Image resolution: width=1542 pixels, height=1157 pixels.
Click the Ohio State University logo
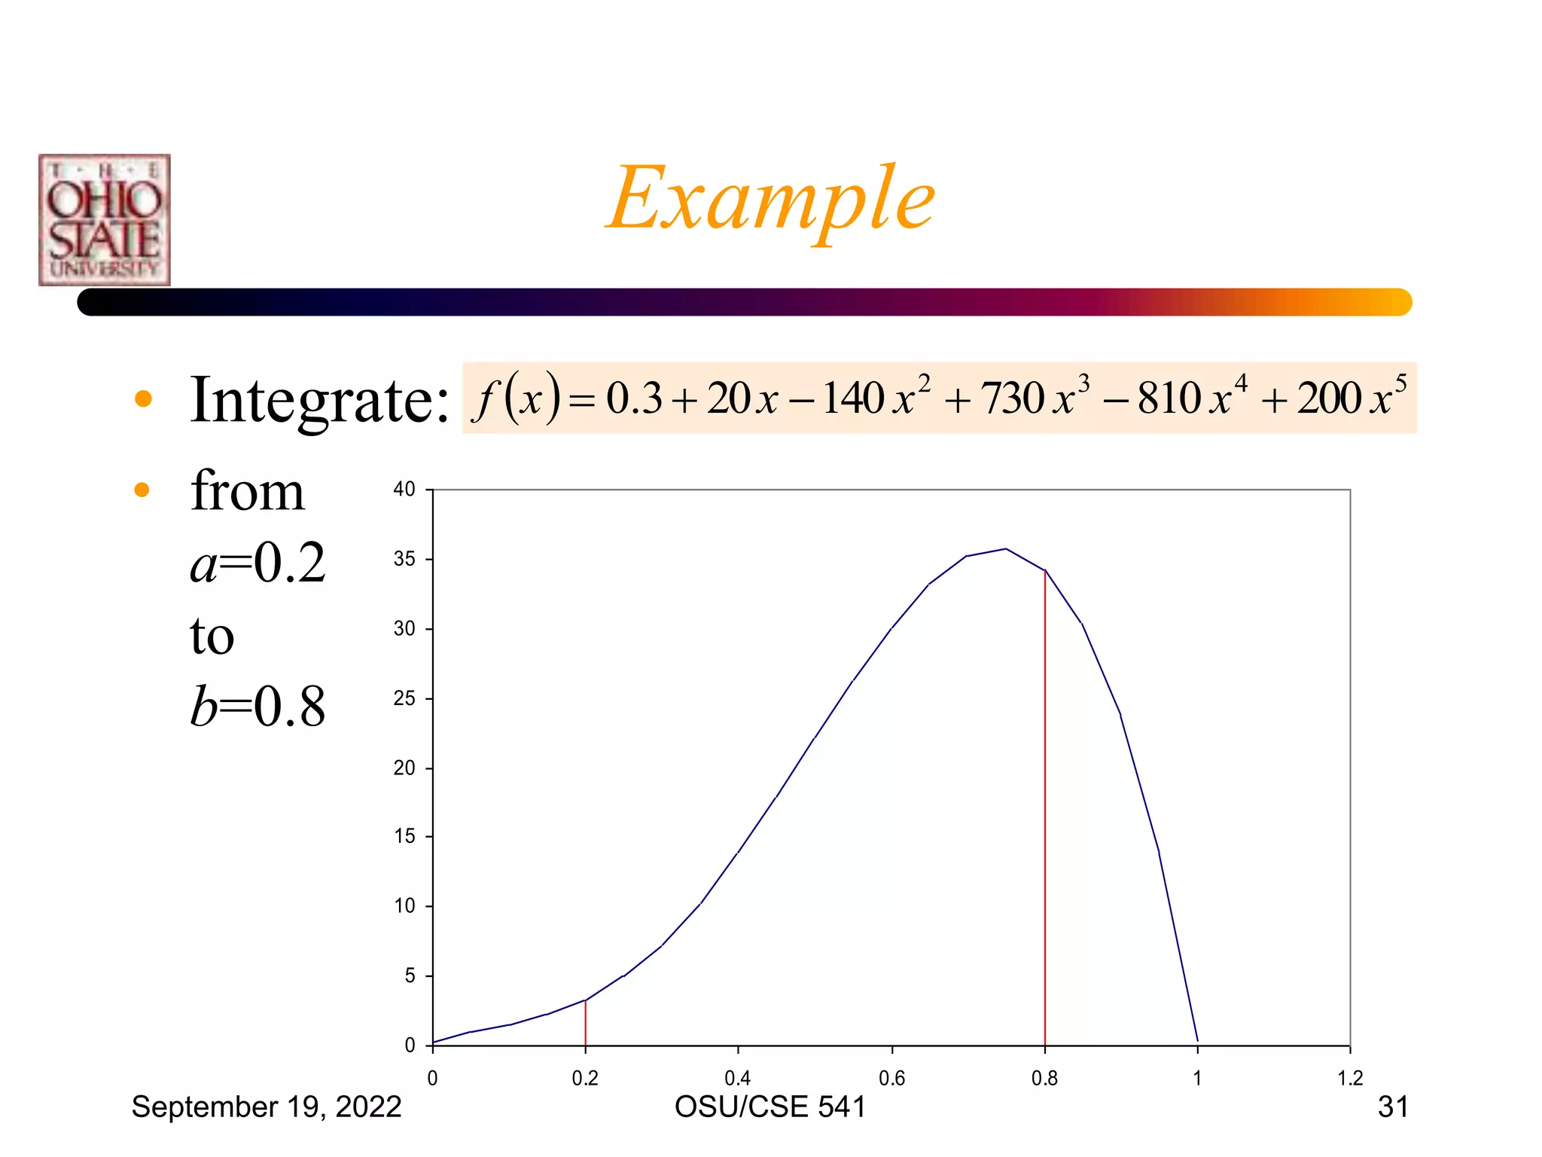(105, 220)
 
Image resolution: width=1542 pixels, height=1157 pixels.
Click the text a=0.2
(258, 563)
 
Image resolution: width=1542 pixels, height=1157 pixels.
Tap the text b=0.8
(258, 707)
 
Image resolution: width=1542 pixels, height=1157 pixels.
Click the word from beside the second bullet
(247, 491)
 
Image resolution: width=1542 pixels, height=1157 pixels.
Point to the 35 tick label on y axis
(404, 559)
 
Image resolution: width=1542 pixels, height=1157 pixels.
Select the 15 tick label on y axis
(404, 836)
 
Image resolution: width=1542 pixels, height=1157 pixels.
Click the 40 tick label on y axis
(404, 490)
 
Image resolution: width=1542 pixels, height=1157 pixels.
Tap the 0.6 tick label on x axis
(891, 1079)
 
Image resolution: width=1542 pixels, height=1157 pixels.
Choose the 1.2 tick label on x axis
(1350, 1079)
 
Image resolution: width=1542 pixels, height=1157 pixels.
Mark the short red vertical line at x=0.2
(585, 1024)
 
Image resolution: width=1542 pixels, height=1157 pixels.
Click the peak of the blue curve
(1006, 549)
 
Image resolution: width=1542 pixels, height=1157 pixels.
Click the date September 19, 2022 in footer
(267, 1107)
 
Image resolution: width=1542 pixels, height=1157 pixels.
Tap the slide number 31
(1392, 1107)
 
